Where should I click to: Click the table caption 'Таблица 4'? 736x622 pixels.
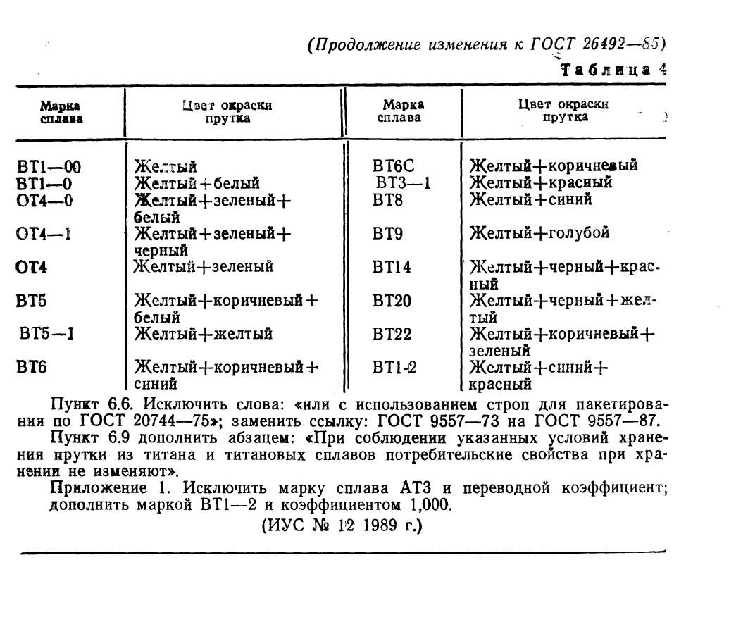(x=612, y=70)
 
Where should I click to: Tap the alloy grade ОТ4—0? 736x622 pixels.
(x=45, y=200)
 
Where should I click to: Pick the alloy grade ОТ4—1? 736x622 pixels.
(x=44, y=233)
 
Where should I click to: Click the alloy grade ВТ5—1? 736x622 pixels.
(x=48, y=333)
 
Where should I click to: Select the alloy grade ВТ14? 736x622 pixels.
(x=392, y=268)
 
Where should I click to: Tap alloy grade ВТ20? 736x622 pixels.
(x=392, y=301)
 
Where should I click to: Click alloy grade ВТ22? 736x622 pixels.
(x=392, y=334)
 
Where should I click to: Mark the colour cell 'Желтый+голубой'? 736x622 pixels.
(x=539, y=233)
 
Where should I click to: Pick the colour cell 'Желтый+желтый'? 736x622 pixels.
(x=204, y=333)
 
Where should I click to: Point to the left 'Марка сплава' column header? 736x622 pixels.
(x=59, y=111)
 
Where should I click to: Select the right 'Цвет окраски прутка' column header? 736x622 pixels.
(x=563, y=111)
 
